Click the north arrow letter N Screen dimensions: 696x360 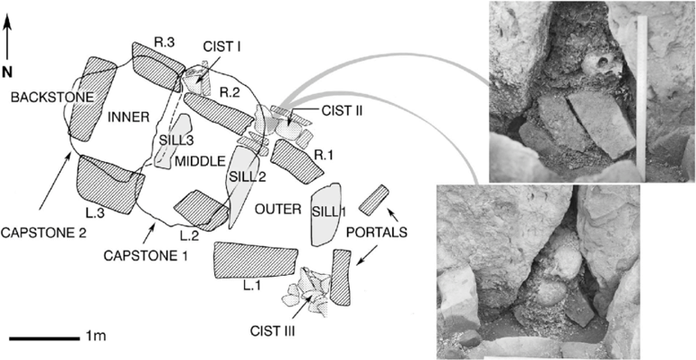tap(7, 71)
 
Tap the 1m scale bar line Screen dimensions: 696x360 tap(43, 338)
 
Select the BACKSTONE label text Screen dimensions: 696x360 tap(52, 98)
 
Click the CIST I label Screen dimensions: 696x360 tap(221, 46)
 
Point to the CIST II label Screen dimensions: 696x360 tap(341, 110)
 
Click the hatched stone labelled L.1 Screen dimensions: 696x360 tap(255, 261)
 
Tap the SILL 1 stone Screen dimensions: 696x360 tap(325, 213)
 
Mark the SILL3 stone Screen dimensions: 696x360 tap(172, 140)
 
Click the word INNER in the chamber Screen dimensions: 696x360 tap(127, 118)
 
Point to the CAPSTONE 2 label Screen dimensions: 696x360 tap(43, 232)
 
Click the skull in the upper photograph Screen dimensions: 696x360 tap(600, 67)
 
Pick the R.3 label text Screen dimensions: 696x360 tap(165, 43)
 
